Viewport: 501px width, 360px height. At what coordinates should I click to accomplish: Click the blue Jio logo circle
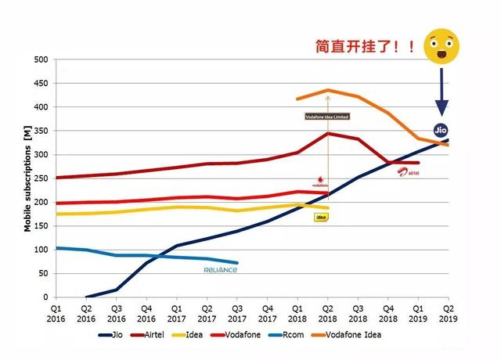click(x=441, y=130)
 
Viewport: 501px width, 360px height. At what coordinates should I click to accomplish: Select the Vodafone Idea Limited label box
click(x=327, y=117)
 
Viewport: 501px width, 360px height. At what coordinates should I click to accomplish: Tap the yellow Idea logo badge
click(x=320, y=217)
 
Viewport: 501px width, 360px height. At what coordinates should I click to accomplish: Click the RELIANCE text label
click(x=221, y=270)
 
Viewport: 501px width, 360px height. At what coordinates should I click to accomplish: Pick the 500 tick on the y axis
click(x=41, y=59)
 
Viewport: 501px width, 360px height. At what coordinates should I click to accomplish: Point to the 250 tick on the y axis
click(x=41, y=178)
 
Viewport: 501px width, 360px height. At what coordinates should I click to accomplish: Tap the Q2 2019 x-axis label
click(x=448, y=314)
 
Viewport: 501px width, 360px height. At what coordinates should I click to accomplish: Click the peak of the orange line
click(x=327, y=91)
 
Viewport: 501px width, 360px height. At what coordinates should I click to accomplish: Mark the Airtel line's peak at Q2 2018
click(x=327, y=134)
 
